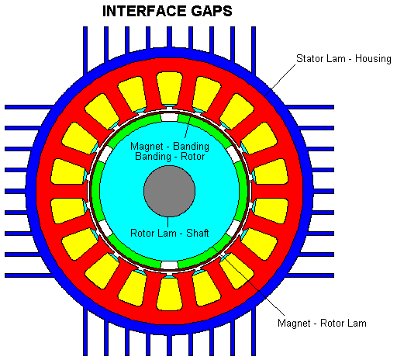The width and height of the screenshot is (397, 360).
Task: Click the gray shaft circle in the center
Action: click(x=169, y=191)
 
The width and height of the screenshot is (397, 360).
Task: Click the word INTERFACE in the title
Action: click(x=145, y=11)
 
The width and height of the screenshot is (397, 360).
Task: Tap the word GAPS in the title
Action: click(x=212, y=11)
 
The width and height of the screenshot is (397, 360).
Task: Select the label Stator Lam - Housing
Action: click(x=343, y=59)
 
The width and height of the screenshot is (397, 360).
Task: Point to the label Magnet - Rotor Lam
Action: click(x=322, y=323)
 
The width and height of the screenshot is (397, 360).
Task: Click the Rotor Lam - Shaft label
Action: click(x=169, y=233)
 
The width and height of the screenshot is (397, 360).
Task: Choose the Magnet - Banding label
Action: click(x=170, y=146)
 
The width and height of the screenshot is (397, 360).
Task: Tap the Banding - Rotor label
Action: click(x=170, y=157)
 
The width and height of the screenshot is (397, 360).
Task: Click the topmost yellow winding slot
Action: click(x=169, y=88)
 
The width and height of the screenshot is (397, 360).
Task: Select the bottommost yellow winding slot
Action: click(x=169, y=293)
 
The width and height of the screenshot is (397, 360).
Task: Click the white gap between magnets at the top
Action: click(x=169, y=117)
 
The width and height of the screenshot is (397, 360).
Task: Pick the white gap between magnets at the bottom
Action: click(x=169, y=265)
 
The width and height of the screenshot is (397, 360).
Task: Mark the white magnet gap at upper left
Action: click(x=105, y=154)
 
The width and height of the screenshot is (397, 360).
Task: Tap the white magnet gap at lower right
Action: click(x=233, y=228)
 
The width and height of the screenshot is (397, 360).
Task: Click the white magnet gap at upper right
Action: click(x=233, y=154)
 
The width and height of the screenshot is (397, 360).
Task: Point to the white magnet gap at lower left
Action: click(x=105, y=228)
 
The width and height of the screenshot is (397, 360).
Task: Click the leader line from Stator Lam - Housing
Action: click(x=280, y=80)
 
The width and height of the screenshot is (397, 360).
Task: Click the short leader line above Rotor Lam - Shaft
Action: click(x=168, y=222)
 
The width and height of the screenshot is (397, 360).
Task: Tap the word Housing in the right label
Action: click(x=373, y=59)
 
